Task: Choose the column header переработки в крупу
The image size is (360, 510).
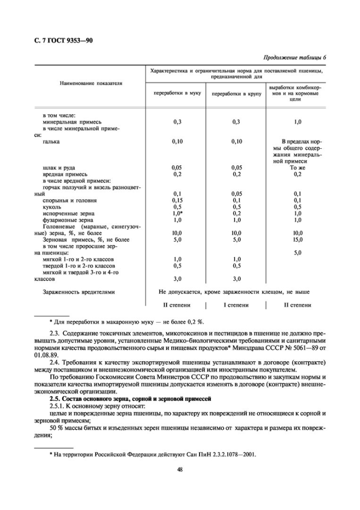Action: pos(236,94)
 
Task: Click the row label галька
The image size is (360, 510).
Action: pos(52,141)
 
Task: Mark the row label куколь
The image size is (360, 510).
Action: pos(53,206)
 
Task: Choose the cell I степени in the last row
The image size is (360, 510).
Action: pos(236,305)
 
